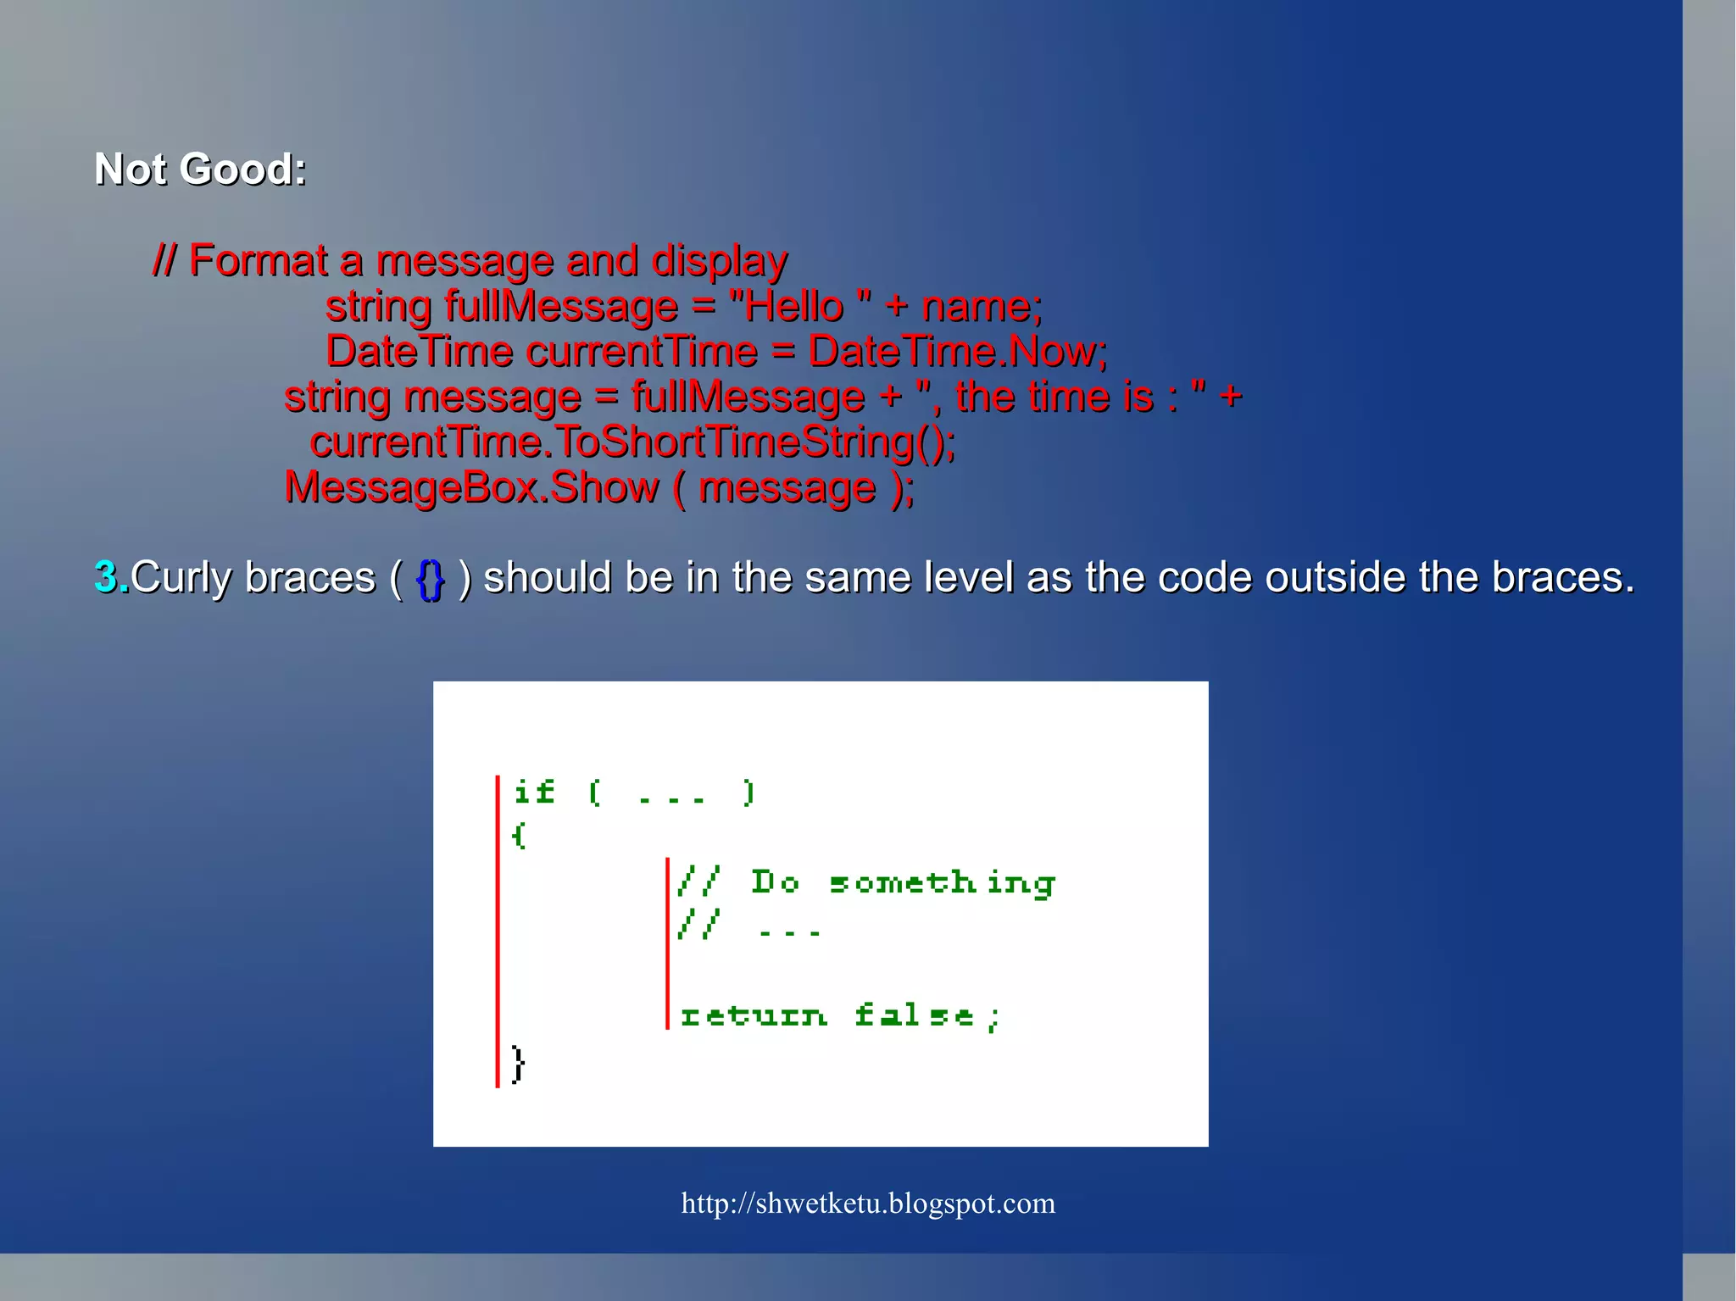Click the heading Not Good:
(x=200, y=170)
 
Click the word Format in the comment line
(x=258, y=260)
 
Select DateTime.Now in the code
(x=957, y=352)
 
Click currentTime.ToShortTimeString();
(x=632, y=442)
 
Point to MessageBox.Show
(x=471, y=488)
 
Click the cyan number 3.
(x=107, y=577)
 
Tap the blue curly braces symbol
(x=431, y=579)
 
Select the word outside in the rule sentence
(x=1337, y=577)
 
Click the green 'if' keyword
(x=534, y=792)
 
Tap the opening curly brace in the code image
(x=519, y=836)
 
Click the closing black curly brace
(x=518, y=1064)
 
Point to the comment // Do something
(x=865, y=883)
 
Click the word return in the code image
(x=753, y=1015)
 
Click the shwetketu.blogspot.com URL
(x=868, y=1204)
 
